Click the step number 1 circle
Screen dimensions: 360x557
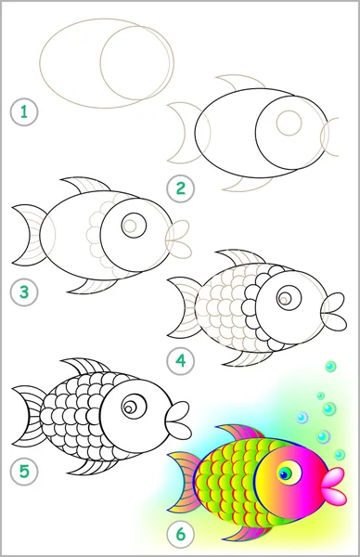pos(24,112)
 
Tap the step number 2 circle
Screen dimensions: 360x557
pos(181,188)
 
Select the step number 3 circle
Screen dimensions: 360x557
pos(24,292)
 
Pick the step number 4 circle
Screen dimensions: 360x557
pos(181,361)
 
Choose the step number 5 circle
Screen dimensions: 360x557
pos(24,472)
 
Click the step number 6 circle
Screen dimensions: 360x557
pos(181,534)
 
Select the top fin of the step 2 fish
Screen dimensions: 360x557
pos(240,82)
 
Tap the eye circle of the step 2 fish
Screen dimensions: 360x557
pos(289,123)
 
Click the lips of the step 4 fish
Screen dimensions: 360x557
pos(333,311)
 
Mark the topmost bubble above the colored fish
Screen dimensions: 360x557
pos(330,367)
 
